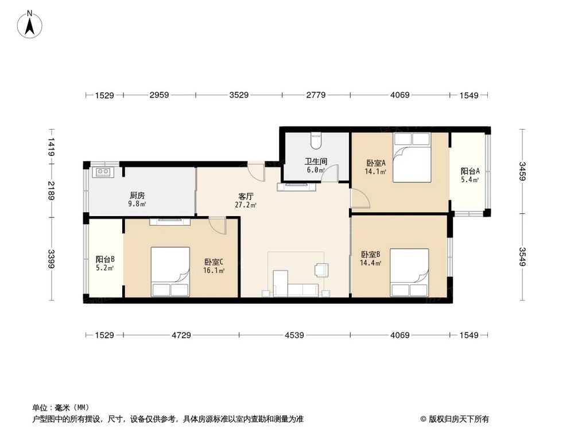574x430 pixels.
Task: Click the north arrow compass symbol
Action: click(30, 24)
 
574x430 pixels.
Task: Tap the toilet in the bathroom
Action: click(316, 140)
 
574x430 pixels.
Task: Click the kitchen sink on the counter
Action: click(103, 171)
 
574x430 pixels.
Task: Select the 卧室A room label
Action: click(375, 163)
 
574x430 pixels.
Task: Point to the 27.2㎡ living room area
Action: click(246, 205)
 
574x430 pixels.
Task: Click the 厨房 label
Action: click(137, 196)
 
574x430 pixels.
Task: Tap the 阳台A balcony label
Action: click(470, 171)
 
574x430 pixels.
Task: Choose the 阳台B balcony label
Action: click(106, 259)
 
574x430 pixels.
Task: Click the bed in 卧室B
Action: click(409, 272)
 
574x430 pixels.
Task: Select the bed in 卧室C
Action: click(170, 272)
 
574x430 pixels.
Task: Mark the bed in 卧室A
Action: click(412, 157)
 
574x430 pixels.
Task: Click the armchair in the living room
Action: click(321, 270)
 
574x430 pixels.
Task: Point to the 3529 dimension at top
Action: click(239, 95)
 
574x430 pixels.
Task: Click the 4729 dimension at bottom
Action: click(181, 335)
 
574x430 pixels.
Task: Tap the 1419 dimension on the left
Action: click(51, 147)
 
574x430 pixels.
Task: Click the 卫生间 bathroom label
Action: click(316, 161)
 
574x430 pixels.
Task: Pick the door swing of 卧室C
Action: click(218, 225)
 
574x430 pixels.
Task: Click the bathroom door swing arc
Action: click(329, 173)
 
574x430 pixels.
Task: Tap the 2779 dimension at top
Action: click(316, 95)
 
